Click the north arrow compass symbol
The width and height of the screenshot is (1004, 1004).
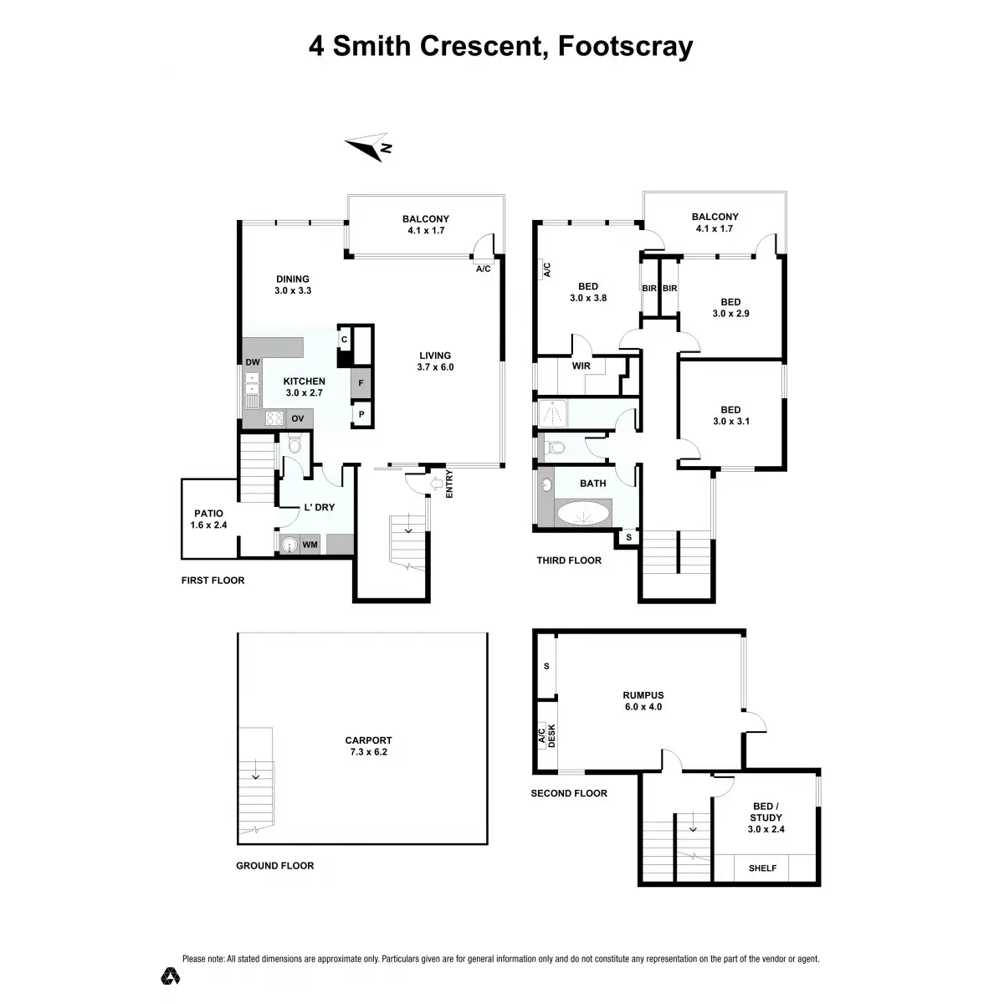pyautogui.click(x=369, y=146)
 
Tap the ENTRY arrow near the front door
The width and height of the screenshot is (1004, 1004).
pyautogui.click(x=435, y=484)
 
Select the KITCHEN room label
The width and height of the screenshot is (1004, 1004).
pyautogui.click(x=305, y=382)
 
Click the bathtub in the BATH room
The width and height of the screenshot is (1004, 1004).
pyautogui.click(x=584, y=512)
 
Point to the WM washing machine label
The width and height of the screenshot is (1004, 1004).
pyautogui.click(x=310, y=546)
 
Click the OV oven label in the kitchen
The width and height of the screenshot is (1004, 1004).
pyautogui.click(x=298, y=419)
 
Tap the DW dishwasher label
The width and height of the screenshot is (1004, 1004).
pyautogui.click(x=253, y=362)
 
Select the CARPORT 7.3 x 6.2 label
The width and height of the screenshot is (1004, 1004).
pyautogui.click(x=368, y=745)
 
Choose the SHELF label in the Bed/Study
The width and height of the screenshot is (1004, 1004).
pyautogui.click(x=762, y=868)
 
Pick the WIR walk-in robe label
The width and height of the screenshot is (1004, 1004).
pyautogui.click(x=581, y=366)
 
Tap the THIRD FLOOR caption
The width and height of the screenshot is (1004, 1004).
pyautogui.click(x=569, y=561)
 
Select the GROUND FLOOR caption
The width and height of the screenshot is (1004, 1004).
pyautogui.click(x=274, y=866)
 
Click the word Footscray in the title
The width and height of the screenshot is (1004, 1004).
pyautogui.click(x=625, y=46)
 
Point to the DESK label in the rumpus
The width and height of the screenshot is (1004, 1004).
pyautogui.click(x=551, y=735)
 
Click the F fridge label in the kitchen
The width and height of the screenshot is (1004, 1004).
pyautogui.click(x=361, y=383)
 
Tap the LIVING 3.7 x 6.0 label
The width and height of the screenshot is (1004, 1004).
pyautogui.click(x=435, y=361)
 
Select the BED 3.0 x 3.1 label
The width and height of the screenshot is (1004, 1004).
pyautogui.click(x=730, y=416)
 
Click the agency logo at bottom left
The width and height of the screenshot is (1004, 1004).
pyautogui.click(x=171, y=976)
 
